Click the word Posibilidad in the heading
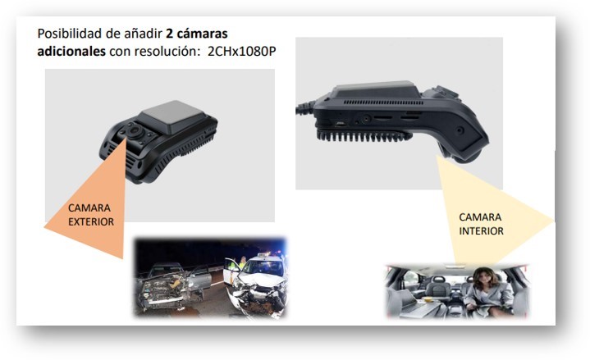[x=69, y=34]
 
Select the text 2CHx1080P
[x=241, y=51]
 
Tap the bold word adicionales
[x=71, y=51]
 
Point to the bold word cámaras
[x=202, y=34]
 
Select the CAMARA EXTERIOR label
[x=91, y=215]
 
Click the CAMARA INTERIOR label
[x=481, y=224]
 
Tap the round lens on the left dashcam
[x=135, y=131]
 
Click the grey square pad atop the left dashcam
[x=173, y=116]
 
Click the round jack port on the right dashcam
[x=365, y=119]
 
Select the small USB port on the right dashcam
[x=341, y=123]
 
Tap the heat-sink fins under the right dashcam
[x=363, y=136]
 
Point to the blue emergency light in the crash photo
[x=281, y=250]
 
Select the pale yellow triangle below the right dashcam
[x=488, y=212]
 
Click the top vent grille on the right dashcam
[x=383, y=103]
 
